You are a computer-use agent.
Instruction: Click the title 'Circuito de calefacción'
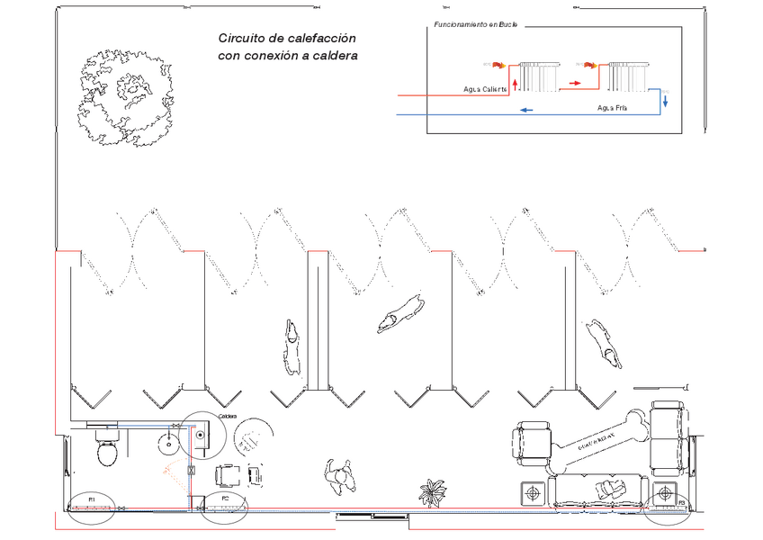pos(287,39)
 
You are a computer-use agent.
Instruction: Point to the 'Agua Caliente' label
pos(485,89)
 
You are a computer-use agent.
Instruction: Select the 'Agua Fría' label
pos(612,108)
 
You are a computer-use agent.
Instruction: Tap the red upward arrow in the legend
pos(514,84)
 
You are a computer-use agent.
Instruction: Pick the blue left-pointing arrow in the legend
pos(525,110)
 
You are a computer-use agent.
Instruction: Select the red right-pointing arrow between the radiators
pos(573,83)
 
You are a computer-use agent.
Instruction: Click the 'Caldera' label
pos(227,418)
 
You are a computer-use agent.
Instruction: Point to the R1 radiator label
pos(91,498)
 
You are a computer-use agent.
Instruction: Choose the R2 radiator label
pos(225,498)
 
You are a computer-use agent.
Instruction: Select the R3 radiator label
pos(681,502)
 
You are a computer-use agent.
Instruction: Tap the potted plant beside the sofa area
pos(432,492)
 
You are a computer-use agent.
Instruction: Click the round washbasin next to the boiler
pos(168,442)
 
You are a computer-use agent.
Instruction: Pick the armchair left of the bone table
pos(531,443)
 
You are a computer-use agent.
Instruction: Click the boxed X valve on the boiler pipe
pos(191,470)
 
